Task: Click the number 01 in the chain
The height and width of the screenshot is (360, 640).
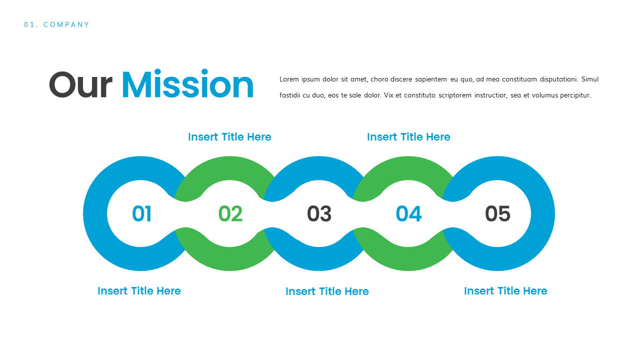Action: pyautogui.click(x=141, y=214)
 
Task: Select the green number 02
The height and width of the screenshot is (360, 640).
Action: pyautogui.click(x=230, y=214)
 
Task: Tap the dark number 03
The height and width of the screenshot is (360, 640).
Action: pyautogui.click(x=319, y=214)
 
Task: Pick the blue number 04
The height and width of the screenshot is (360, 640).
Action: pyautogui.click(x=408, y=214)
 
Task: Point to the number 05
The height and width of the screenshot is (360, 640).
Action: pyautogui.click(x=497, y=214)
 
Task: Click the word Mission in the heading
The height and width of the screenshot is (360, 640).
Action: pyautogui.click(x=187, y=85)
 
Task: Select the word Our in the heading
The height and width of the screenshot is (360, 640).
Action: pyautogui.click(x=80, y=85)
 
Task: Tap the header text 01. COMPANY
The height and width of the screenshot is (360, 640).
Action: pyautogui.click(x=57, y=24)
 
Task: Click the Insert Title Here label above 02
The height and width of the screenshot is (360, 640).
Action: pyautogui.click(x=229, y=137)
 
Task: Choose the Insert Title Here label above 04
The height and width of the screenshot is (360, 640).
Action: pyautogui.click(x=408, y=137)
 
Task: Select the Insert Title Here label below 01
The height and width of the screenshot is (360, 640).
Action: pyautogui.click(x=139, y=291)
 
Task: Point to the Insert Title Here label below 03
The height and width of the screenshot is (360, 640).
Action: pyautogui.click(x=327, y=291)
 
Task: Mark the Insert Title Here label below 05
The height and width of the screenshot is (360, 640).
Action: pyautogui.click(x=505, y=291)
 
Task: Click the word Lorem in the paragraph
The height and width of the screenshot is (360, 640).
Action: pyautogui.click(x=288, y=79)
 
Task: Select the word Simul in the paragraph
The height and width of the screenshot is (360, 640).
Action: pyautogui.click(x=590, y=79)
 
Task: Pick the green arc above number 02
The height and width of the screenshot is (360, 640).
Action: pyautogui.click(x=229, y=168)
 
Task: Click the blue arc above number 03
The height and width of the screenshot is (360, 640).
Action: pyautogui.click(x=319, y=168)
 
